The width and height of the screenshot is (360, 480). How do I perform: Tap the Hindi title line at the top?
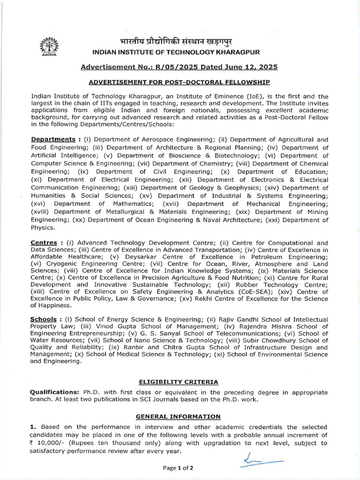tap(180, 41)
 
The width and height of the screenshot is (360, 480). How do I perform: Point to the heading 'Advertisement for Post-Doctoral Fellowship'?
tap(180, 82)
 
